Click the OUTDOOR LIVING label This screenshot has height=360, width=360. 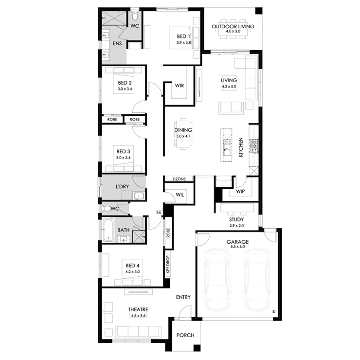point(233,26)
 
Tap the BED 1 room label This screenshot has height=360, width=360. point(183,36)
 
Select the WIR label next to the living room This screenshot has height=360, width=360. point(180,86)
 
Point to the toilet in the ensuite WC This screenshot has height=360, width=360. point(135,16)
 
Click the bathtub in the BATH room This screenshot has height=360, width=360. point(108,230)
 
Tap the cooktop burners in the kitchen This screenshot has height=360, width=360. point(254,146)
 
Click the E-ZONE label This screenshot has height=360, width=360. point(179,179)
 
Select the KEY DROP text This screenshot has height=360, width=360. point(168,264)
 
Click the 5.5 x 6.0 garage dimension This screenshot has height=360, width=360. point(237,247)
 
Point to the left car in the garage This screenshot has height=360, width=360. point(217,280)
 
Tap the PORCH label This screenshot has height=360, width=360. point(185,335)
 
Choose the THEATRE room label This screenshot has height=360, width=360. point(138,309)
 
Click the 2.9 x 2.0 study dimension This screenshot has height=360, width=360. point(236,226)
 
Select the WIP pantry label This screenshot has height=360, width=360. point(240,191)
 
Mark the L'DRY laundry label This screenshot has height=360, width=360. point(122,186)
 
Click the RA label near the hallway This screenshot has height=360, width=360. point(159,213)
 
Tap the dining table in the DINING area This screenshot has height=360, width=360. point(183,134)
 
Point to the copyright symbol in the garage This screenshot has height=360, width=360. point(274,312)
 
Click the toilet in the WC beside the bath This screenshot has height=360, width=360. point(107,209)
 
